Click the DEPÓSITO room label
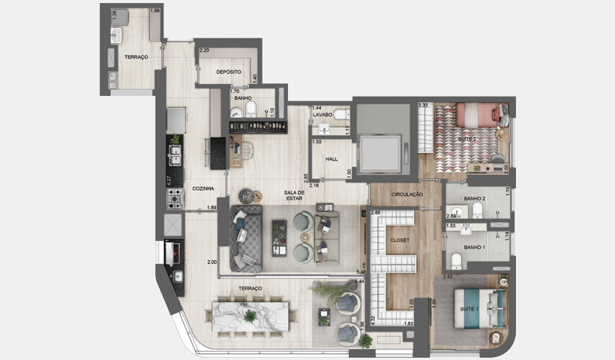(x=227, y=72)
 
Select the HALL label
(x=331, y=159)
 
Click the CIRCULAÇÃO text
(x=406, y=194)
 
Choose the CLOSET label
(x=400, y=242)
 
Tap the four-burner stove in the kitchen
(x=175, y=198)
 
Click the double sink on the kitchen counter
(x=175, y=155)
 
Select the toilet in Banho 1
(x=457, y=259)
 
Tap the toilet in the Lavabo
(x=341, y=114)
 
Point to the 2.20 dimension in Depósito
(x=203, y=50)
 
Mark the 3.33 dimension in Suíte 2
(x=423, y=106)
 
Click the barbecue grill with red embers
(x=172, y=253)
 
